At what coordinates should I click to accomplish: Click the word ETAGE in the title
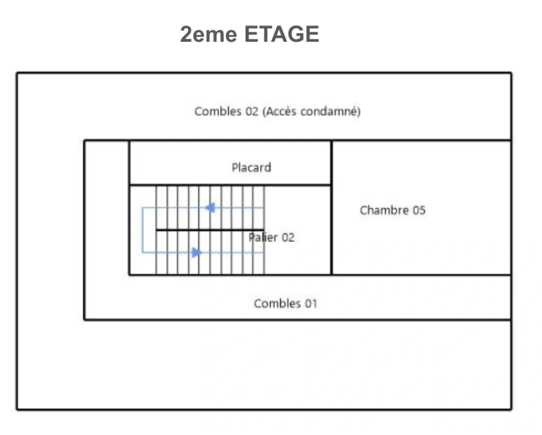pos(282,34)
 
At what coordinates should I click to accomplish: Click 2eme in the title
pos(208,34)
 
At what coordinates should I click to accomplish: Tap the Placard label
pos(251,168)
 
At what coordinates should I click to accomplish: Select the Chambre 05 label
pos(393,210)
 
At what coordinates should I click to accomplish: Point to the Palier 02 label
pos(271,238)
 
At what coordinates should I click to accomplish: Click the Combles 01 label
pos(286,303)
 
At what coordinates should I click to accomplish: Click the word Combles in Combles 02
pos(218,112)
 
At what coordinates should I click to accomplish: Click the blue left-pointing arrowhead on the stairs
pos(210,208)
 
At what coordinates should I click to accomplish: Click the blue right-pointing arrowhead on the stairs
pos(197,253)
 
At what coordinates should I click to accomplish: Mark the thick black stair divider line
pos(210,230)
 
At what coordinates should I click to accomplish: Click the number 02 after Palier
pos(288,238)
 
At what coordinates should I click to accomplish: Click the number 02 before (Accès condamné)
pos(252,112)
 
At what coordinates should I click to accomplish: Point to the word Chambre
pos(384,210)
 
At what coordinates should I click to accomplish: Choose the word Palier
pos(263,238)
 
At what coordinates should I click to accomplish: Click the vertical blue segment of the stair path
pos(142,230)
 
